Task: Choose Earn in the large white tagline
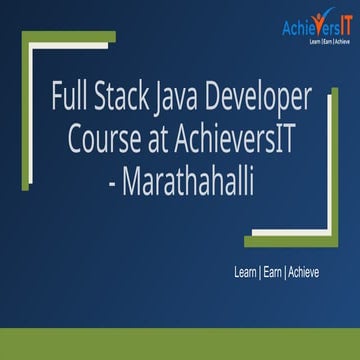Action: tap(273, 272)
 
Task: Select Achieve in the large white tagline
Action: tap(308, 272)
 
